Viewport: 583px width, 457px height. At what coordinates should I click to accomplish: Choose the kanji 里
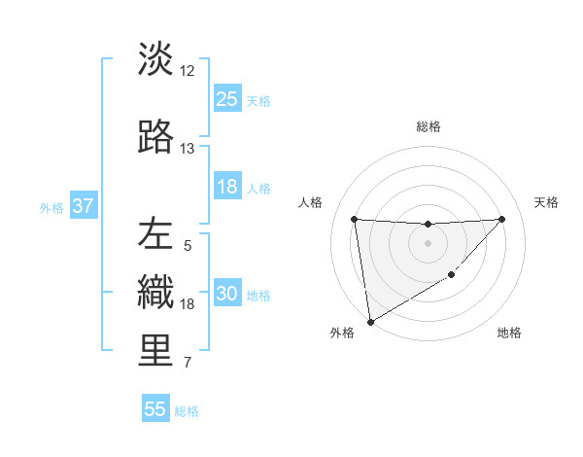click(156, 352)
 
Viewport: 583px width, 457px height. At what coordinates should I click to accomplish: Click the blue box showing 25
click(227, 99)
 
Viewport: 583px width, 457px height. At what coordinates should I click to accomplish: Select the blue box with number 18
click(227, 188)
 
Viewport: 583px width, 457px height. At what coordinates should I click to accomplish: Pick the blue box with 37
click(83, 207)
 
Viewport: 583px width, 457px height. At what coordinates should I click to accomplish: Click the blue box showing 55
click(155, 409)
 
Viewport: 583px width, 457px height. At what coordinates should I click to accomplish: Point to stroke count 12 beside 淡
click(188, 71)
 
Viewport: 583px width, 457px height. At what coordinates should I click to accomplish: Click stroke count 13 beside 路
click(188, 149)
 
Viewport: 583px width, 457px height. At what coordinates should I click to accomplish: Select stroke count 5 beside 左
click(188, 246)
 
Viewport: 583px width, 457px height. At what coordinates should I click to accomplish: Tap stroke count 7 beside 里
click(188, 364)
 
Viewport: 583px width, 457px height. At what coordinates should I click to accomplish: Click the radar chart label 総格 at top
click(428, 126)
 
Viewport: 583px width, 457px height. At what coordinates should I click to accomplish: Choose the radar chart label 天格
click(547, 202)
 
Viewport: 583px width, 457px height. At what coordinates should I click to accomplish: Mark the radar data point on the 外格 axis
click(369, 322)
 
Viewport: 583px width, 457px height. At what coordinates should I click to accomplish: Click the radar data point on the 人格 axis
click(355, 219)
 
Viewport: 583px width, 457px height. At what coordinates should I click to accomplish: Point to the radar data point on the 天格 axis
click(501, 219)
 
